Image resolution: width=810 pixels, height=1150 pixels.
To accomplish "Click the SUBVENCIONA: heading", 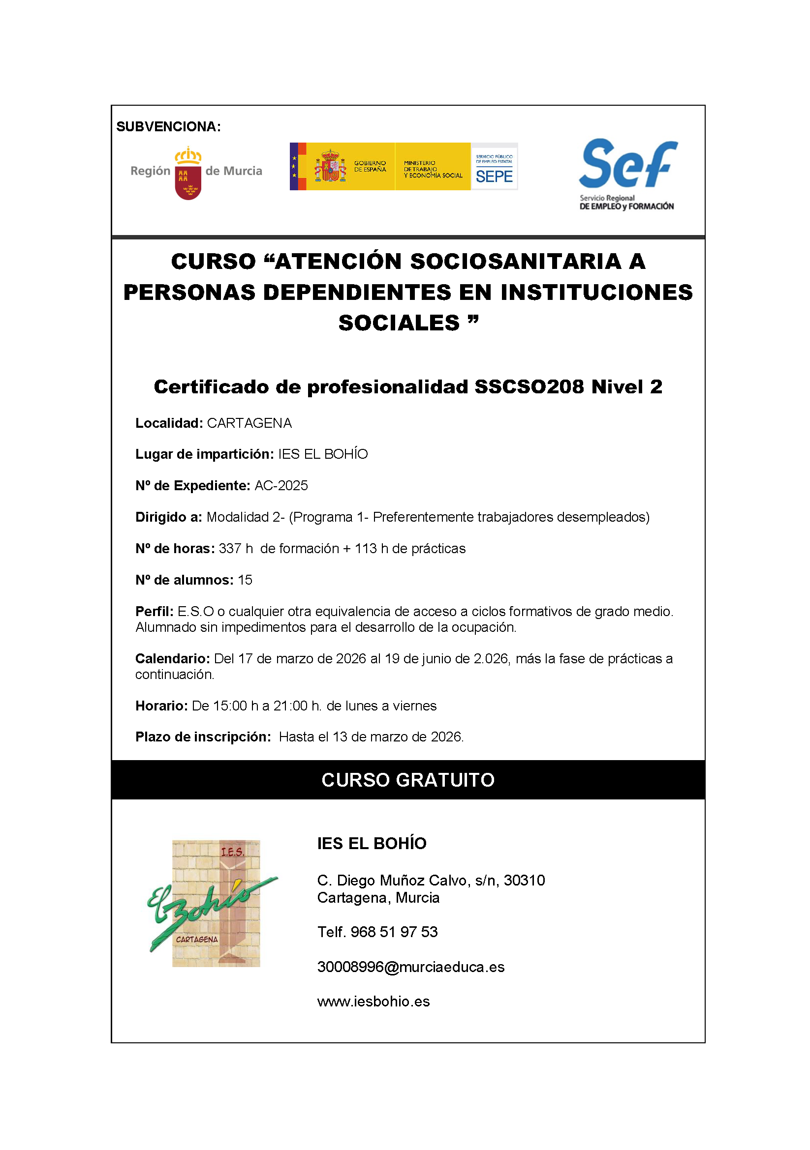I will (x=168, y=127).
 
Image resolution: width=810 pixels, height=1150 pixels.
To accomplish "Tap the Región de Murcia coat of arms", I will (x=188, y=173).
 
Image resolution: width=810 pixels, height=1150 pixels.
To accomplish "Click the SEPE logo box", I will (x=494, y=167).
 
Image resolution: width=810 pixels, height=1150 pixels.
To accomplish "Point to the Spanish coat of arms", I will (x=330, y=166).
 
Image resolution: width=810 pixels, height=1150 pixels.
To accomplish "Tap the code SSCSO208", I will (x=529, y=386).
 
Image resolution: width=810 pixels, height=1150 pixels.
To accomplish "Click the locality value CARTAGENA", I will (x=249, y=423).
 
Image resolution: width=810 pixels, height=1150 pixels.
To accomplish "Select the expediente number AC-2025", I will (x=281, y=486).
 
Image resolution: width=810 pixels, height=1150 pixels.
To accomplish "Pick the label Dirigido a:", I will (x=168, y=517).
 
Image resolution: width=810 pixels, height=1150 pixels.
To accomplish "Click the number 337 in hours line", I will (x=230, y=549).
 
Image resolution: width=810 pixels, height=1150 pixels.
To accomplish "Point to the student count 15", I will (x=245, y=580).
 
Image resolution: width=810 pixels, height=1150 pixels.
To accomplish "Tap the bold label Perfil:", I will (x=155, y=612).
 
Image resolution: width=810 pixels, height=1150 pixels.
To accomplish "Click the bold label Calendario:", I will (x=172, y=659).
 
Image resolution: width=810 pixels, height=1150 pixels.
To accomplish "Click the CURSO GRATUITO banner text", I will (x=408, y=780).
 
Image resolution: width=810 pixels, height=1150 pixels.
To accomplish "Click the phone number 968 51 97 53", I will (x=394, y=932).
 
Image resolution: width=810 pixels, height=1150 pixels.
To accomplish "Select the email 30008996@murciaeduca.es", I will (x=410, y=967).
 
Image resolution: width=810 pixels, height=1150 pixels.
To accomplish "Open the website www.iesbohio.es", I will (x=374, y=1002).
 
